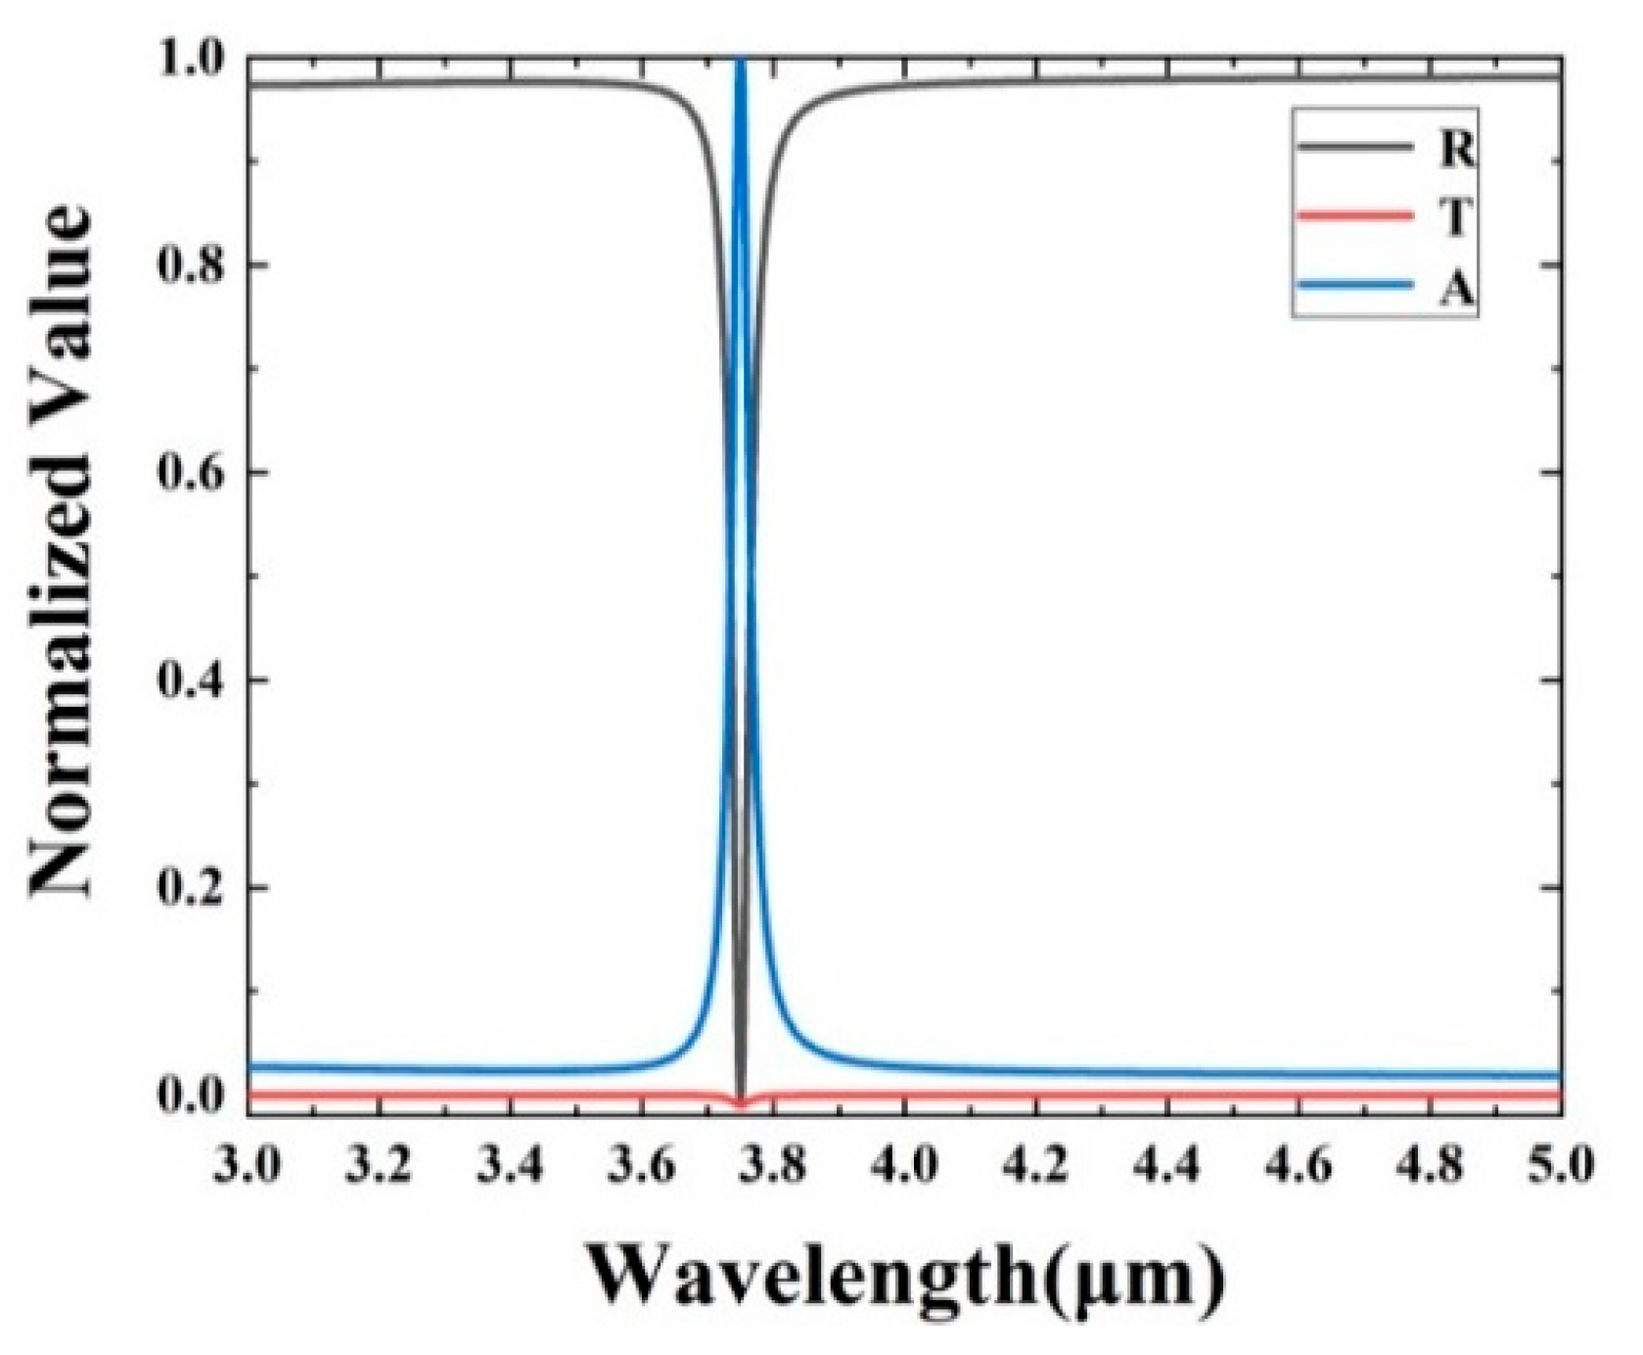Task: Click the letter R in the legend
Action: pos(1455,149)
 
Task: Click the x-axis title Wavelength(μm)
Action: pos(905,1276)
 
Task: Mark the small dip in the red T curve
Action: pos(741,1103)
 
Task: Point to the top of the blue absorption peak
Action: pos(741,63)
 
